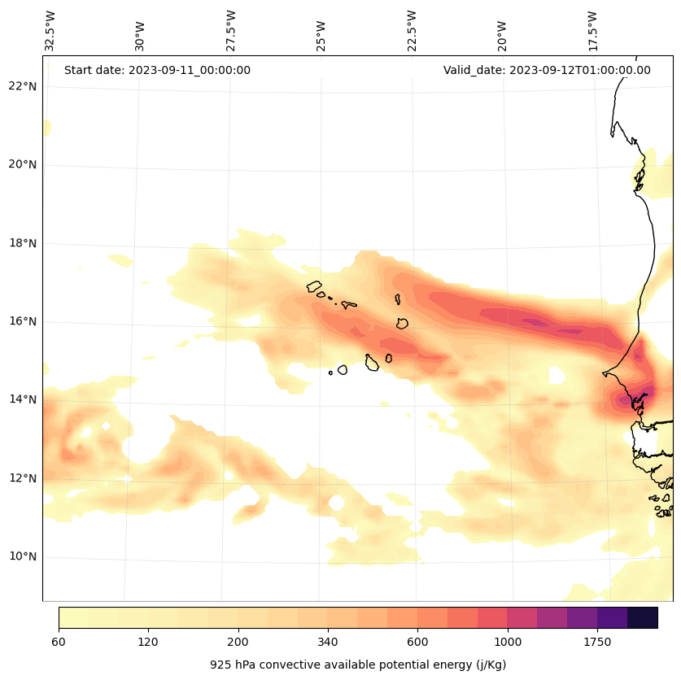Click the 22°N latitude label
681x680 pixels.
(23, 86)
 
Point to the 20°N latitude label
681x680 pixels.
(23, 164)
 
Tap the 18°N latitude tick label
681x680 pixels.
(23, 243)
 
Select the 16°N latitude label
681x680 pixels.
(23, 321)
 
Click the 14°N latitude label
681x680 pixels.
(23, 399)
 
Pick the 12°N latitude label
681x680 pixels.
(23, 478)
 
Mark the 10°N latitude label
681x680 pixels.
(23, 556)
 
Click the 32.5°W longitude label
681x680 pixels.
(50, 31)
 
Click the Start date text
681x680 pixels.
(157, 70)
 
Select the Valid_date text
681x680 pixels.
(547, 70)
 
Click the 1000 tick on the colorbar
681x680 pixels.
(508, 642)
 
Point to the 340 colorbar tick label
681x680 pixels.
(328, 642)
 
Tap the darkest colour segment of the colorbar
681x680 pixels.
(643, 617)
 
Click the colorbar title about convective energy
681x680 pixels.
(358, 665)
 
